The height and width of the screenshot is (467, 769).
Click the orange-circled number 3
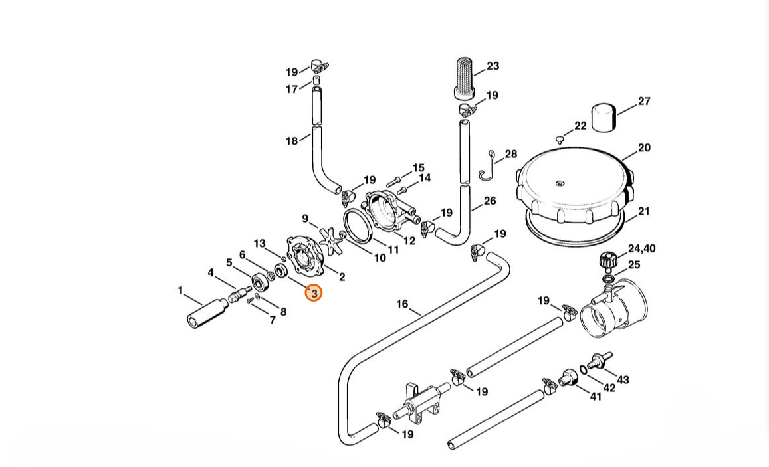pyautogui.click(x=314, y=293)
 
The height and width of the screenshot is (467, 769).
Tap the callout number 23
pyautogui.click(x=493, y=66)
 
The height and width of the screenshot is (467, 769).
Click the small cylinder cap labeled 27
pyautogui.click(x=604, y=118)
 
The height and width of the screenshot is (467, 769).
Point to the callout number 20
pyautogui.click(x=644, y=148)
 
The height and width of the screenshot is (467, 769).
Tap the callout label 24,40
pyautogui.click(x=641, y=248)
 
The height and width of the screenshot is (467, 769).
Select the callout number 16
pyautogui.click(x=401, y=304)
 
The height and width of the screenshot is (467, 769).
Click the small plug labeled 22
pyautogui.click(x=558, y=140)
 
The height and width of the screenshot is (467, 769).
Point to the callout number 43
pyautogui.click(x=623, y=379)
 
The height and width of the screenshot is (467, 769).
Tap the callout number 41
pyautogui.click(x=595, y=396)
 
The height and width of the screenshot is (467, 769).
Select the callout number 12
pyautogui.click(x=409, y=240)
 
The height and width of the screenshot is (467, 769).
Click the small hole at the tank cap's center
pyautogui.click(x=560, y=184)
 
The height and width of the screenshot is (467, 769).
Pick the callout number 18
pyautogui.click(x=292, y=141)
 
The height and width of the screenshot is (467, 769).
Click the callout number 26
pyautogui.click(x=489, y=201)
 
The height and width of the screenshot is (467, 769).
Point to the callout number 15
pyautogui.click(x=418, y=168)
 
